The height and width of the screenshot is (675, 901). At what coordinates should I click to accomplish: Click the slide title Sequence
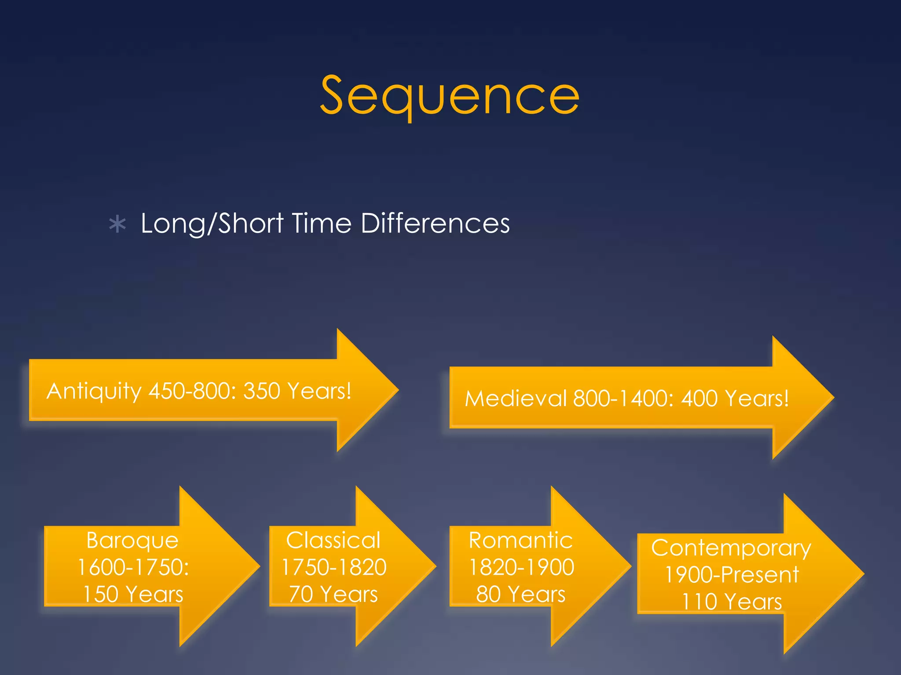[450, 95]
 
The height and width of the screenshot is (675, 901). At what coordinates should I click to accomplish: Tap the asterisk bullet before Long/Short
[117, 225]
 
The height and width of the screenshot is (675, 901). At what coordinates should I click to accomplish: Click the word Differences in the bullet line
[435, 223]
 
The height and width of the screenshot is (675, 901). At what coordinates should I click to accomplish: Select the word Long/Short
[212, 224]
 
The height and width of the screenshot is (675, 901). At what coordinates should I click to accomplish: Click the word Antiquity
[94, 391]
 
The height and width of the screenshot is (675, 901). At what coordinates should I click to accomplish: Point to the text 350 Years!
[297, 391]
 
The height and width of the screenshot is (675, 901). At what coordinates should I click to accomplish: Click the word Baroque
[132, 540]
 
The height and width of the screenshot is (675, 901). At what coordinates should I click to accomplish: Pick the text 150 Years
[133, 594]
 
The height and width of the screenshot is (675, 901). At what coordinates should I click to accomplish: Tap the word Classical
[333, 540]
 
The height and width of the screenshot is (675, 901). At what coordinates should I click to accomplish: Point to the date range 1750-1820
[334, 567]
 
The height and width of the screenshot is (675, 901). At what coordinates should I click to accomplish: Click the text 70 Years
[333, 594]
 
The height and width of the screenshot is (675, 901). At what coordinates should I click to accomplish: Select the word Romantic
[521, 540]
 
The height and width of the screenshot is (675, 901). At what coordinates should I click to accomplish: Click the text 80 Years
[521, 594]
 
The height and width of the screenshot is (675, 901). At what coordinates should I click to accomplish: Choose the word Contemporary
[731, 548]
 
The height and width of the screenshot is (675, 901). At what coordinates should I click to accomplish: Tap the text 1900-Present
[732, 575]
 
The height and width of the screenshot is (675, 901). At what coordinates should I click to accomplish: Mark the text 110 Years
[732, 602]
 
